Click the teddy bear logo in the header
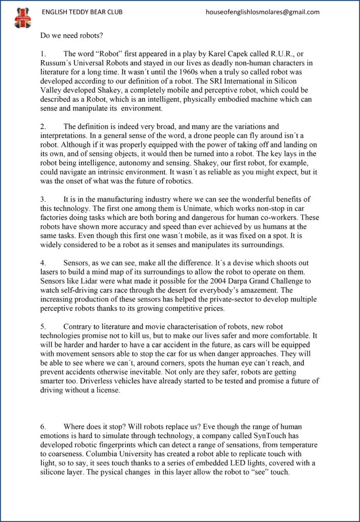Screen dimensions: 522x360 pyautogui.click(x=22, y=18)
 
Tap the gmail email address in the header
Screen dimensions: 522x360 pyautogui.click(x=263, y=12)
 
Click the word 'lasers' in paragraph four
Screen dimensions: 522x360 pyautogui.click(x=52, y=272)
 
